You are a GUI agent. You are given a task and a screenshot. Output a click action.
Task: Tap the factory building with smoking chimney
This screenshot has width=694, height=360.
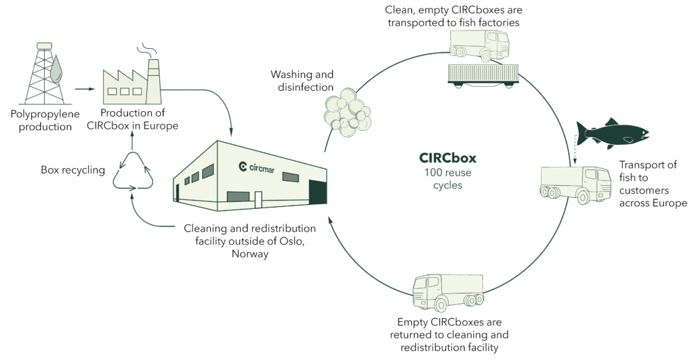tap(130, 81)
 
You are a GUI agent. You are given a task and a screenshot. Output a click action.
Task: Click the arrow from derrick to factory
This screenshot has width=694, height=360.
tap(84, 88)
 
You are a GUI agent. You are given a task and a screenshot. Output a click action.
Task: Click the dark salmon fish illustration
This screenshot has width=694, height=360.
tap(610, 134)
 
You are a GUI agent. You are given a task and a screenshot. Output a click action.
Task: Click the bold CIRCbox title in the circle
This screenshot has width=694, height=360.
tap(447, 158)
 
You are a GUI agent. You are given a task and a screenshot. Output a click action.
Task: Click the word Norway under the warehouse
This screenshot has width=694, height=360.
tap(249, 254)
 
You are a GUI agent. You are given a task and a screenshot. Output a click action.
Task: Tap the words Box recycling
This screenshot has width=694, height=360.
tap(73, 170)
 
